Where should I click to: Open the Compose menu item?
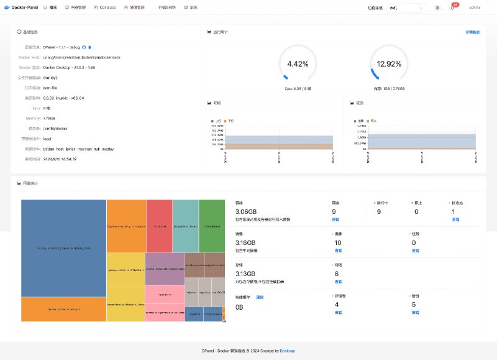point(107,7)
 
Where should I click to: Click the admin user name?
point(474,7)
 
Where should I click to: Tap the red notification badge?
point(455,4)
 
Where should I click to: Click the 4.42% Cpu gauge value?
point(298,63)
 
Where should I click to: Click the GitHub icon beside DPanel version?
point(84,47)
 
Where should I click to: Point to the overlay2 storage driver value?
point(51,78)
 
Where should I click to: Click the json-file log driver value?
point(50,88)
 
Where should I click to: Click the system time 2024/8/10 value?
point(60,159)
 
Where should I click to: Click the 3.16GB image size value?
point(246,242)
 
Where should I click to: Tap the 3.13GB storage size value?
point(246,274)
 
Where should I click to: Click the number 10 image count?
point(337,242)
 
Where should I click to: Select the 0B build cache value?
point(240,307)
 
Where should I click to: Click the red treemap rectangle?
point(159,226)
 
